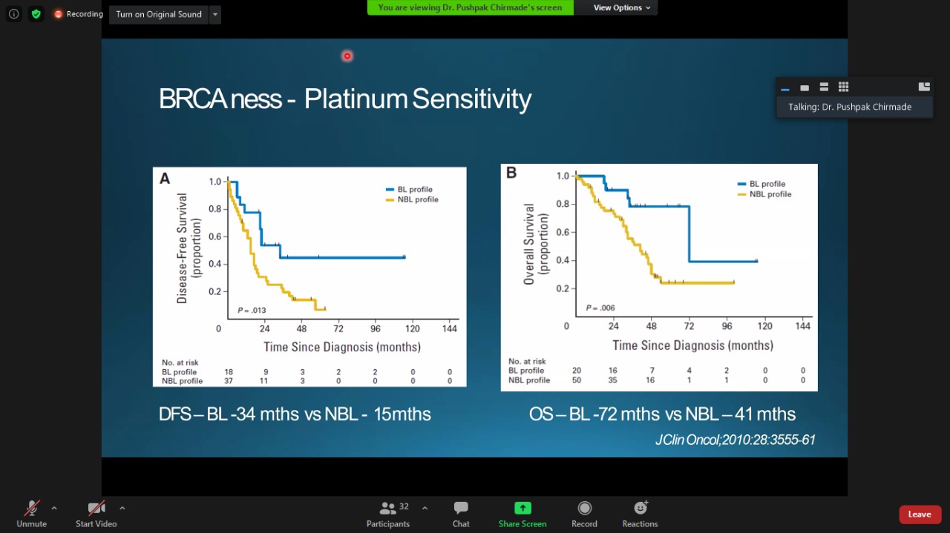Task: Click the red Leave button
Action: (920, 514)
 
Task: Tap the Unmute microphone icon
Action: (31, 509)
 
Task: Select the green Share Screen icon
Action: (522, 509)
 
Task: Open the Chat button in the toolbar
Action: (461, 509)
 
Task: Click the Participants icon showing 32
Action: (388, 509)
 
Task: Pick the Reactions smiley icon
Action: (641, 508)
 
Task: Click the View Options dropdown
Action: (622, 7)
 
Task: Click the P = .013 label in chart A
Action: (252, 310)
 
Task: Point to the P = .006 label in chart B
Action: (600, 308)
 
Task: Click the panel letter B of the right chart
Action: (511, 173)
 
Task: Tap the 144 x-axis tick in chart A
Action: (450, 328)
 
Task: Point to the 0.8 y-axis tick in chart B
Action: (563, 205)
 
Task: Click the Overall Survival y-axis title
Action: (530, 244)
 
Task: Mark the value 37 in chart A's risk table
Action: (229, 381)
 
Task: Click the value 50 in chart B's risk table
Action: (577, 380)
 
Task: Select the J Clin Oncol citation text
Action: (735, 440)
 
